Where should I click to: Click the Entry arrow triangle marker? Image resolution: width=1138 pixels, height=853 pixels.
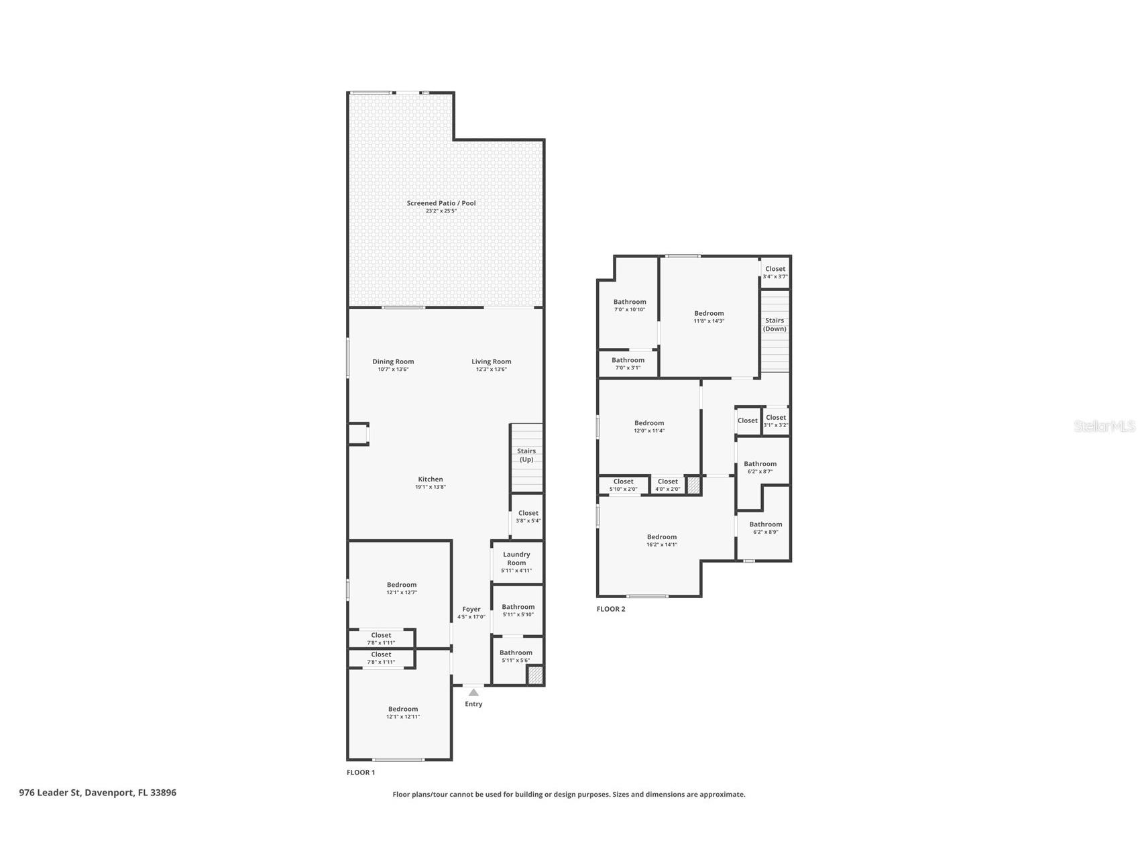[473, 692]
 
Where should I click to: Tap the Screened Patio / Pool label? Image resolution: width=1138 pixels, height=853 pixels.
[441, 203]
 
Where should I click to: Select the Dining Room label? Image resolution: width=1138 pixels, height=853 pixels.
[393, 361]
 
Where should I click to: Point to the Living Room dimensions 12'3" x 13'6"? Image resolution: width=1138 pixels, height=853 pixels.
[492, 369]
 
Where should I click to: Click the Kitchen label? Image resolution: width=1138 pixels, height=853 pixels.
[431, 479]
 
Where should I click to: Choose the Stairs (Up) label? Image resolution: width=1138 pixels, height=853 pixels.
[526, 455]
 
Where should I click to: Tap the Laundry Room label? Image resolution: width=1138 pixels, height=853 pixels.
[516, 558]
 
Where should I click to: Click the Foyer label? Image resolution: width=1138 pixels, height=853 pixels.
[471, 609]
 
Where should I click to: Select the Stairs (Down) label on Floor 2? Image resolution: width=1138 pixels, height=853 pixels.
[775, 325]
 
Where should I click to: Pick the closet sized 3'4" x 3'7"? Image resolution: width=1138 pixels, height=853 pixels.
[775, 272]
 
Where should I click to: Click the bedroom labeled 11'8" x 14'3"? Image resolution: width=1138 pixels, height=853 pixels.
[709, 317]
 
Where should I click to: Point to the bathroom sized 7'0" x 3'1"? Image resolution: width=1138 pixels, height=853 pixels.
[628, 363]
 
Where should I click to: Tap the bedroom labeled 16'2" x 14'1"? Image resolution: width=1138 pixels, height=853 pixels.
[662, 541]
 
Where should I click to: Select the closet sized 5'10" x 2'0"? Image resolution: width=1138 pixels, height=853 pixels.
[623, 485]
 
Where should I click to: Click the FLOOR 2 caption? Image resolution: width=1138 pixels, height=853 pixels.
[611, 609]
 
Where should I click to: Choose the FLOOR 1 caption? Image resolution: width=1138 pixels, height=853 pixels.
[361, 773]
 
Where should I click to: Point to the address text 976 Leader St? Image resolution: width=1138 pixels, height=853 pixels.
[50, 793]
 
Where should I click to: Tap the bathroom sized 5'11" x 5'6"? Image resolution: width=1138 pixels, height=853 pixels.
[516, 656]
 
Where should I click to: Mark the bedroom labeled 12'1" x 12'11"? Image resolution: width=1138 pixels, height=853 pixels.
[403, 712]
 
